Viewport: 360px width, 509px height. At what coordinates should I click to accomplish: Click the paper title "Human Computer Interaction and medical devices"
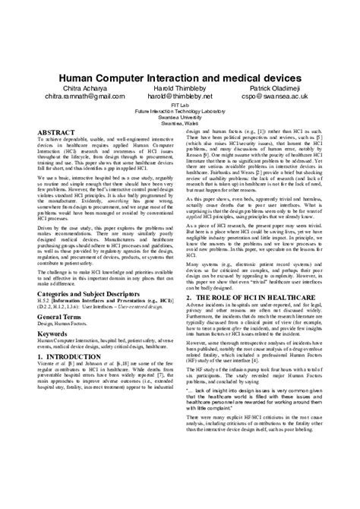(180, 77)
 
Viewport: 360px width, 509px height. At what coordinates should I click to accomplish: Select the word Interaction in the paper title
(175, 77)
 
